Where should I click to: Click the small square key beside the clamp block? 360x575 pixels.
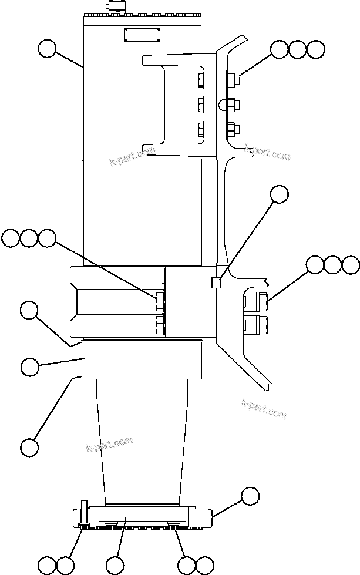pos(216,283)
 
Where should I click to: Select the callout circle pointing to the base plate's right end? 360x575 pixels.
pos(250,495)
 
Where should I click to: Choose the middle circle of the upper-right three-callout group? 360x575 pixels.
pos(298,49)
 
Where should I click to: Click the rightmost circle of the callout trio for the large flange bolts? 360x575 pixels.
pos(351,265)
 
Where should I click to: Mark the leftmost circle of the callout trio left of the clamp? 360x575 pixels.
pos(11,238)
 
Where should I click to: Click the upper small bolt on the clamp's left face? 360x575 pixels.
pos(159,303)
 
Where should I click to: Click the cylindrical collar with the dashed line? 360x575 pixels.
pos(143,361)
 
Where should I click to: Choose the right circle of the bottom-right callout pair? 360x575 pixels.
pos(205,565)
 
